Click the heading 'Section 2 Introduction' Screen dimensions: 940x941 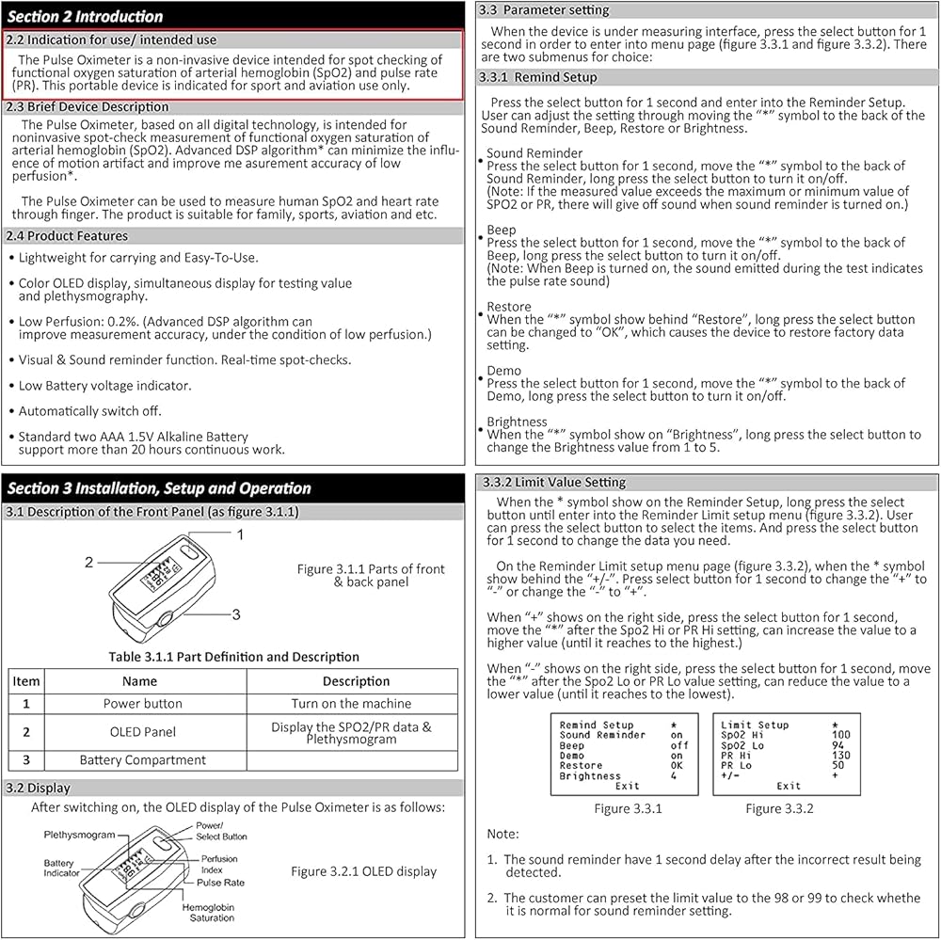pyautogui.click(x=85, y=16)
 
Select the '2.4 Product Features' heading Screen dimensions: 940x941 pyautogui.click(x=67, y=235)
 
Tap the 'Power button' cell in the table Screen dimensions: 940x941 pyautogui.click(x=142, y=703)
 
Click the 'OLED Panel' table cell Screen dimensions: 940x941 pyautogui.click(x=142, y=731)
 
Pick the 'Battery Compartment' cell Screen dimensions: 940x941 pyautogui.click(x=142, y=759)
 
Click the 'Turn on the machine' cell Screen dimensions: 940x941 pyautogui.click(x=351, y=703)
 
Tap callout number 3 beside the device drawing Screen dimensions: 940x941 pyautogui.click(x=236, y=614)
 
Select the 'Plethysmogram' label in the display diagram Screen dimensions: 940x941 pyautogui.click(x=79, y=835)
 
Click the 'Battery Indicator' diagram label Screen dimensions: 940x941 pyautogui.click(x=61, y=868)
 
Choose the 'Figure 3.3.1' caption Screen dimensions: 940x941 pyautogui.click(x=628, y=808)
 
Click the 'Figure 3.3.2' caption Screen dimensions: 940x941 pyautogui.click(x=779, y=808)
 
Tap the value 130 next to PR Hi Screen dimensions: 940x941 pyautogui.click(x=840, y=755)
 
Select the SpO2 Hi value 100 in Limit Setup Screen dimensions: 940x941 pyautogui.click(x=840, y=735)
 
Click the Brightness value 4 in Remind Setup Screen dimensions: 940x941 pyautogui.click(x=673, y=776)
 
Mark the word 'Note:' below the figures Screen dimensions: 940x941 pyautogui.click(x=502, y=834)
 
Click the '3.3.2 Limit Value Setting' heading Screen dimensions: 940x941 pyautogui.click(x=553, y=482)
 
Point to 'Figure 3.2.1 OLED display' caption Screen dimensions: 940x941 pyautogui.click(x=363, y=871)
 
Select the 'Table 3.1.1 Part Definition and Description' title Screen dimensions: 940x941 pyautogui.click(x=233, y=657)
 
